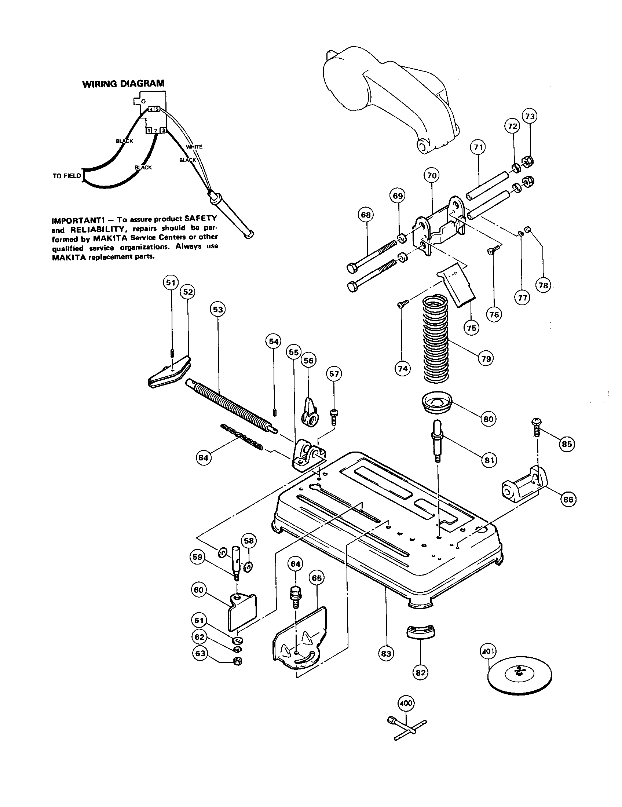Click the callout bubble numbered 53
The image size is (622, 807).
(218, 309)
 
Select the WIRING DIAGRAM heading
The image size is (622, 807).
(123, 84)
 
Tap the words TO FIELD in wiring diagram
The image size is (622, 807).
(66, 176)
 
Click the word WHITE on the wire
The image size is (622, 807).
(194, 147)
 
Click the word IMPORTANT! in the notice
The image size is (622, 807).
(74, 220)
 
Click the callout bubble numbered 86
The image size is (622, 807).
(568, 500)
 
